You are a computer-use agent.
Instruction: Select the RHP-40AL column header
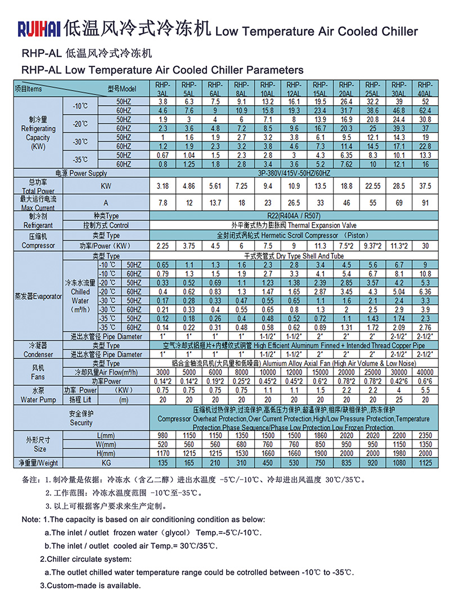(x=425, y=88)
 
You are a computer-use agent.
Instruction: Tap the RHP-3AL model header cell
(x=162, y=88)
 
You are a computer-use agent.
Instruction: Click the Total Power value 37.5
(x=425, y=185)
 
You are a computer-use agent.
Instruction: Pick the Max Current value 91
(x=425, y=202)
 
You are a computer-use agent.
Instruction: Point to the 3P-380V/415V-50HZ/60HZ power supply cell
(x=294, y=173)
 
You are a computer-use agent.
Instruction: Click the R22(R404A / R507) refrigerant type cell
(x=294, y=216)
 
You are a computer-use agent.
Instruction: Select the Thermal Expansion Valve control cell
(x=294, y=225)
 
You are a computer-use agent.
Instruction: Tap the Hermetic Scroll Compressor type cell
(x=294, y=235)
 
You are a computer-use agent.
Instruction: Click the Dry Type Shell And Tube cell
(x=294, y=256)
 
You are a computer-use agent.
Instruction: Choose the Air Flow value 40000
(x=425, y=372)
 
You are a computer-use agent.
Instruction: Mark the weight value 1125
(x=425, y=463)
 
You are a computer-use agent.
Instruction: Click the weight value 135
(x=162, y=463)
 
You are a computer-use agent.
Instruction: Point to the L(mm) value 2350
(x=425, y=436)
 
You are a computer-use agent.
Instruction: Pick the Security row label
(x=81, y=418)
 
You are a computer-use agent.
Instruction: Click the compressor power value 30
(x=425, y=245)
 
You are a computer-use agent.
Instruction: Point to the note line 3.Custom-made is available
(x=90, y=585)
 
